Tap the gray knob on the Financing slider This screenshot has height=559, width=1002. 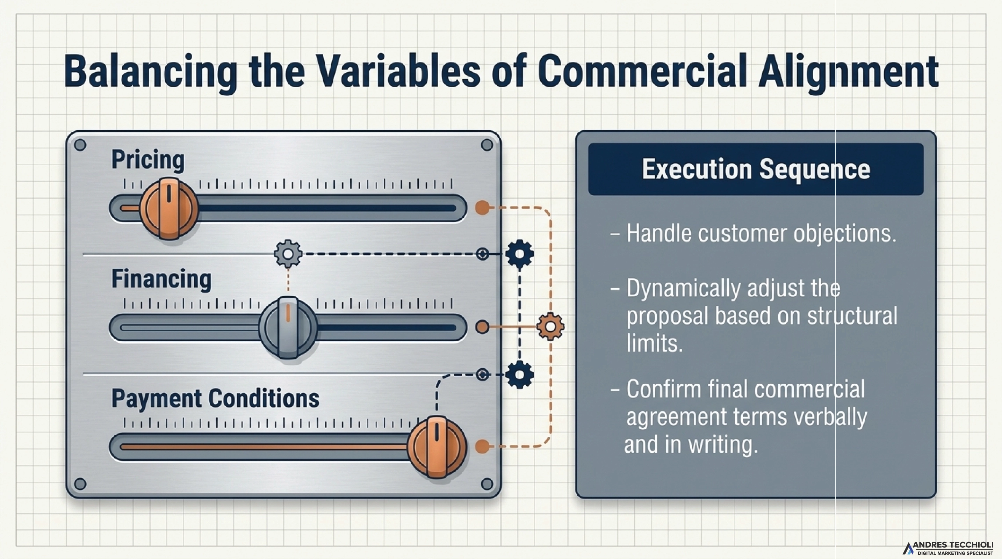pos(288,328)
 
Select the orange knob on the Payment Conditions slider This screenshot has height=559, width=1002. pos(437,447)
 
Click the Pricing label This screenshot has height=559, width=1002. pos(148,160)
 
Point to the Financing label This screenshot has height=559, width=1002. pos(161,279)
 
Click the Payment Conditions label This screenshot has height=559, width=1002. pos(215,398)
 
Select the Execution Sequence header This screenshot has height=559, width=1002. pos(755,169)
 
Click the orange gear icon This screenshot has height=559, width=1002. pos(550,327)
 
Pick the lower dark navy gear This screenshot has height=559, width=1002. pos(520,374)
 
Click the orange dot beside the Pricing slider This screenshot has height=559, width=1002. pos(482,208)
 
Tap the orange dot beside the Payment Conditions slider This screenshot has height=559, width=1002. pos(482,446)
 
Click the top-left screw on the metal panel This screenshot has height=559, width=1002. pos(80,145)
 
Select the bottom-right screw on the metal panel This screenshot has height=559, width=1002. pos(487,484)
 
